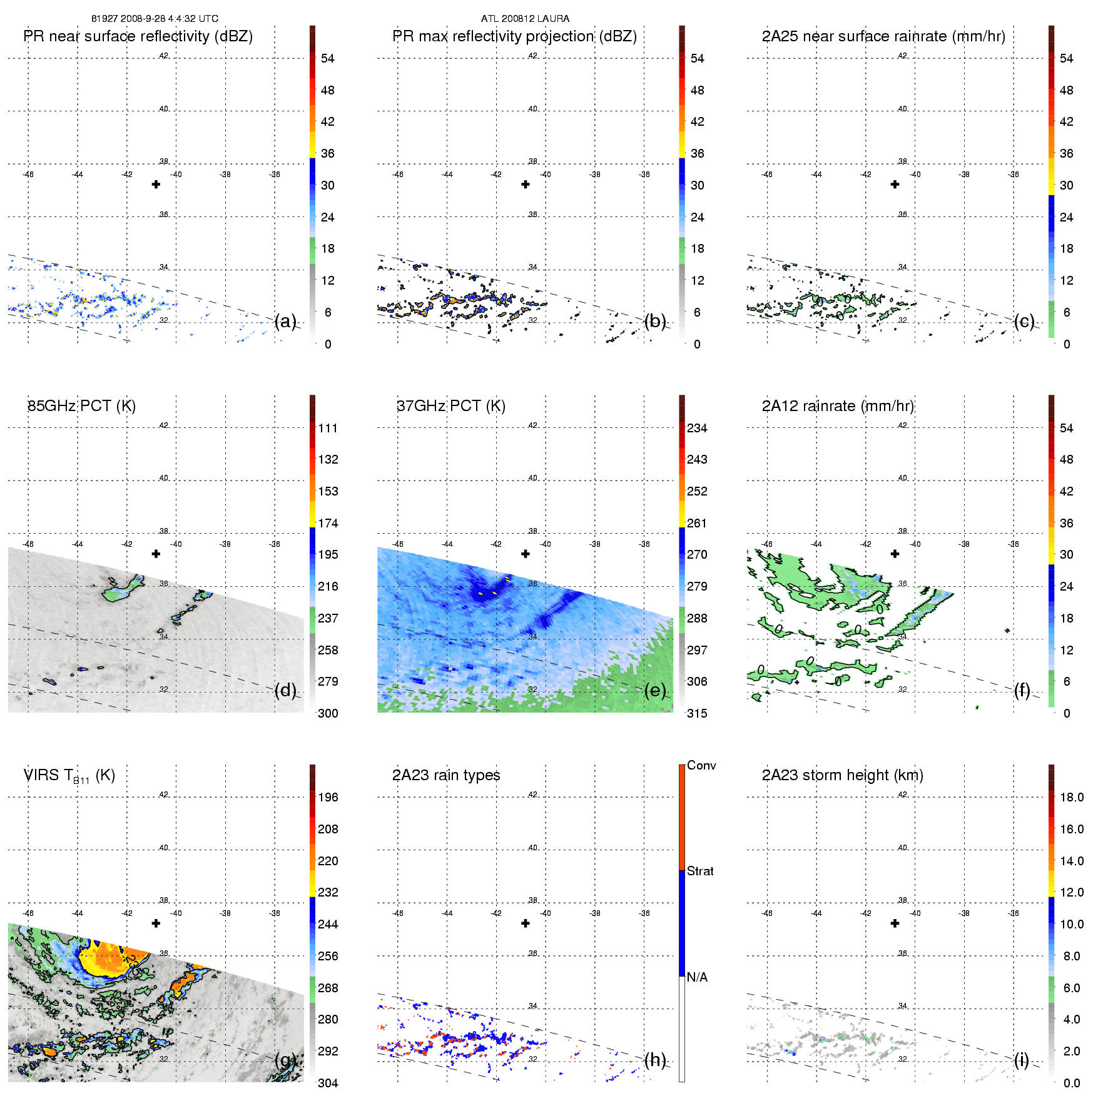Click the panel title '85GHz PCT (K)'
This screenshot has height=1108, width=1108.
pos(81,406)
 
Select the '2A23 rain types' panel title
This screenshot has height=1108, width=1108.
pos(446,775)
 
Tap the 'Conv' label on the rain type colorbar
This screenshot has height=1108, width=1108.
pos(701,765)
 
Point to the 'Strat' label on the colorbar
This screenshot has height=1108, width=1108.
pos(700,871)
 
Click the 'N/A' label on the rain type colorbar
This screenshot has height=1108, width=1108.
pos(697,977)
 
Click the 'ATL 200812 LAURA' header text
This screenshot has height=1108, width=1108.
pos(525,19)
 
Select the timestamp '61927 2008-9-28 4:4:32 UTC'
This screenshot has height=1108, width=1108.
pos(155,19)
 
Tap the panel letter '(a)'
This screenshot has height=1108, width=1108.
pos(285,322)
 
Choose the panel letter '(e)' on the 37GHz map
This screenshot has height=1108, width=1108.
pos(655,691)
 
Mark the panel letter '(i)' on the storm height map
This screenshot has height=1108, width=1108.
pos(1022,1060)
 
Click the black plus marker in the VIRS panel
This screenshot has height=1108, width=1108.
pos(156,923)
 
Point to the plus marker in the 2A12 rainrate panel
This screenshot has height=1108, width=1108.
pos(895,554)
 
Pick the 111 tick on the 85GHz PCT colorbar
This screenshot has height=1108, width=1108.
pos(328,429)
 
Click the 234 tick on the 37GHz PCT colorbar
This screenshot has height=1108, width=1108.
pos(697,429)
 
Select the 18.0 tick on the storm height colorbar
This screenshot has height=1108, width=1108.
pos(1072,798)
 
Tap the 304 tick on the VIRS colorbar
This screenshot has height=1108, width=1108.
pos(328,1083)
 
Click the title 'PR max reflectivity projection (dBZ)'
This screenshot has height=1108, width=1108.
pos(514,36)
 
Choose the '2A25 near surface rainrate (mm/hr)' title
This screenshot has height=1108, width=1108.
pos(883,36)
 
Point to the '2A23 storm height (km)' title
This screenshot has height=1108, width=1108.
pos(842,775)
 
